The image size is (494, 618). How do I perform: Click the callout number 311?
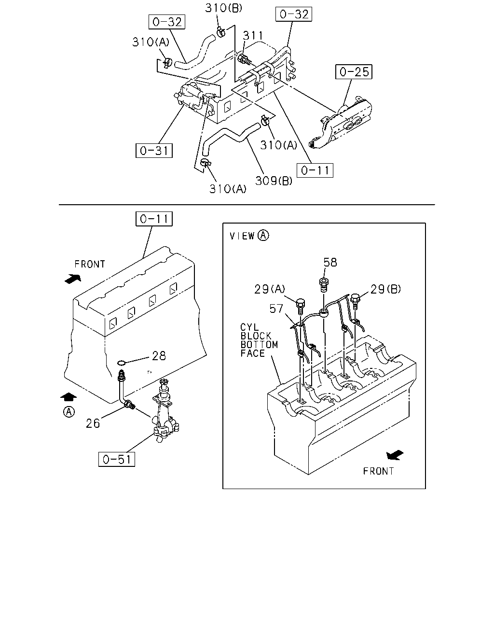[253, 36]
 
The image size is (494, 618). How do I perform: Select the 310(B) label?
[224, 8]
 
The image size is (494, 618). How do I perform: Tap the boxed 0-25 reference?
[354, 71]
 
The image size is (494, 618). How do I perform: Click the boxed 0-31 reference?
[154, 151]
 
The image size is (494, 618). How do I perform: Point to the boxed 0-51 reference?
[117, 459]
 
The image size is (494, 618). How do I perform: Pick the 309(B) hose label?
[274, 181]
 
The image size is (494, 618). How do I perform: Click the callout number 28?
[159, 356]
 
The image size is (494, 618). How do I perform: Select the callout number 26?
[93, 423]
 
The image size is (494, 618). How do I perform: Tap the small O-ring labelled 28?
[122, 363]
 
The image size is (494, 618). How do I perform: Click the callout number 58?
[330, 262]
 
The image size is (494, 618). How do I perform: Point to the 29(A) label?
[270, 289]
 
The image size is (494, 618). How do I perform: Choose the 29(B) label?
[385, 289]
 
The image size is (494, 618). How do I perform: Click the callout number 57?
[276, 309]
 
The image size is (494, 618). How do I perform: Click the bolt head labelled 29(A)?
[300, 303]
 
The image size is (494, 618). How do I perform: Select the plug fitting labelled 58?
[324, 283]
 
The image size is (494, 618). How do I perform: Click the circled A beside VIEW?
[263, 236]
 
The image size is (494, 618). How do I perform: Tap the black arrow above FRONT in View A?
[395, 455]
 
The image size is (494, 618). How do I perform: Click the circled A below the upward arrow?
[69, 411]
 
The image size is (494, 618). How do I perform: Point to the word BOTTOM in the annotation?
[259, 345]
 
